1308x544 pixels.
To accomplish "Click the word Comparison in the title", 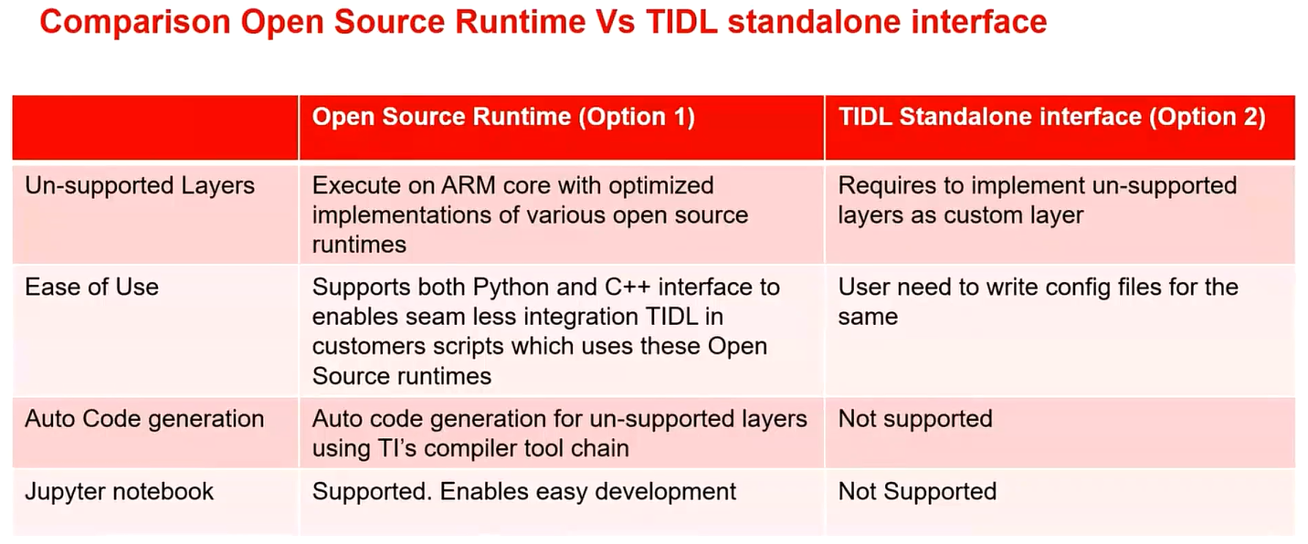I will (x=130, y=22).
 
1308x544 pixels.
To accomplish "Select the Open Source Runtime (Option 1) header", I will (x=503, y=117).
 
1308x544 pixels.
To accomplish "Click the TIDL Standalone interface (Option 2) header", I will (x=1051, y=117).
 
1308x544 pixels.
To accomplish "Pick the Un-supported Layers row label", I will (x=139, y=186).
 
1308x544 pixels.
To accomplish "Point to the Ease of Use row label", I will (x=91, y=288).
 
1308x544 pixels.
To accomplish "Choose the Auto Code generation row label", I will (x=144, y=419).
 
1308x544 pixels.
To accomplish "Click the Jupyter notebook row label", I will (x=119, y=491).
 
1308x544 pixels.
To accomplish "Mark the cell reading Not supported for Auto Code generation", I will (x=914, y=419).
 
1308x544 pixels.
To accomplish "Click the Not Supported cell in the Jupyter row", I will (x=917, y=491).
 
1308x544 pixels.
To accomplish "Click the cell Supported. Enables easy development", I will (x=523, y=491).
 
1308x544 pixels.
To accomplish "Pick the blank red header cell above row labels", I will (x=155, y=127).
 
